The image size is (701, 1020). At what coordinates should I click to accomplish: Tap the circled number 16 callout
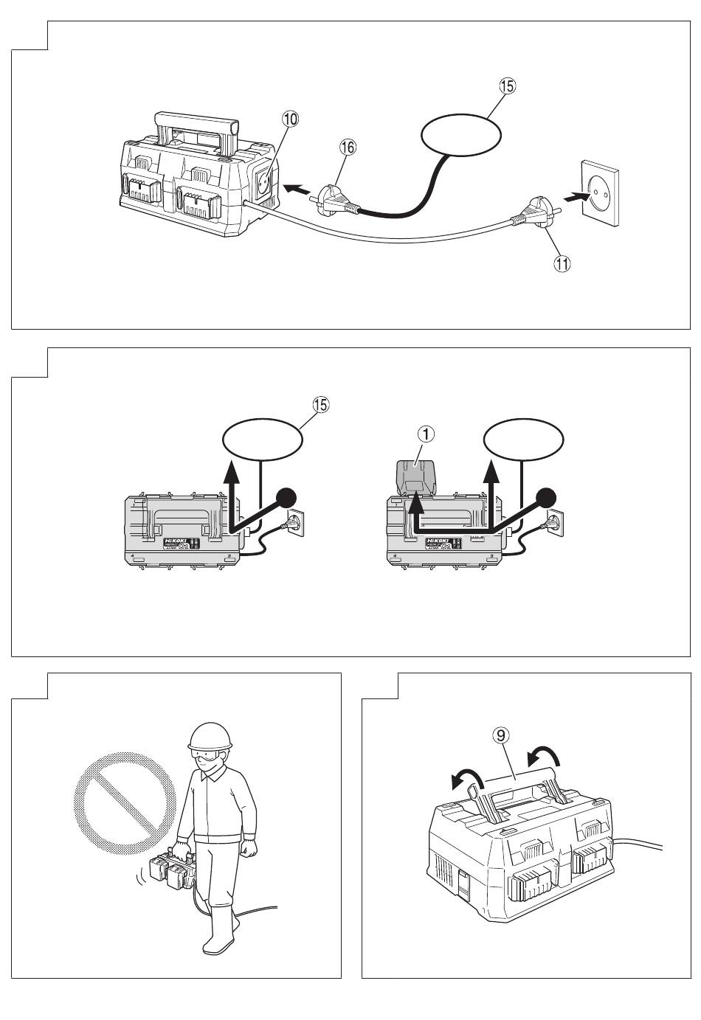click(348, 148)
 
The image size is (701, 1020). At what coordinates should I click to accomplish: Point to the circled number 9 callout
click(500, 735)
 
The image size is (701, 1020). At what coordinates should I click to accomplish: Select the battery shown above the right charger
click(418, 478)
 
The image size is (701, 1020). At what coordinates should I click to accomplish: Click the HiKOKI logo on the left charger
click(176, 541)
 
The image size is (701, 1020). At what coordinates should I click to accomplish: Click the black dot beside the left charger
click(287, 499)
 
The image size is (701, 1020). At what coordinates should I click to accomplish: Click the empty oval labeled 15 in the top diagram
click(460, 136)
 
